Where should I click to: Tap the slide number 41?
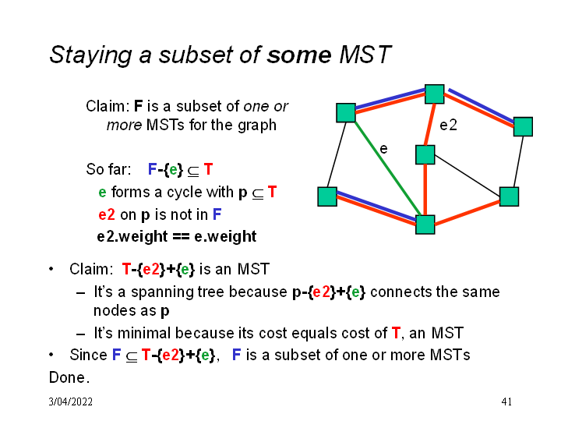(506, 402)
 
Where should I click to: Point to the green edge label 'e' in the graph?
(383, 147)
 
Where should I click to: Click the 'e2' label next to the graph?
(449, 125)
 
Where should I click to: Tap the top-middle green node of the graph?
(434, 94)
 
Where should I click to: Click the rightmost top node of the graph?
(523, 126)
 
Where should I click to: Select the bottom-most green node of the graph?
(425, 225)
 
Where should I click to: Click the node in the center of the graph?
(425, 154)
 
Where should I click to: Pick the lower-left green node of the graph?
(327, 196)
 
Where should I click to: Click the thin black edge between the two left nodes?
(336, 154)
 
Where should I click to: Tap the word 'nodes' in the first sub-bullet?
(113, 310)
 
